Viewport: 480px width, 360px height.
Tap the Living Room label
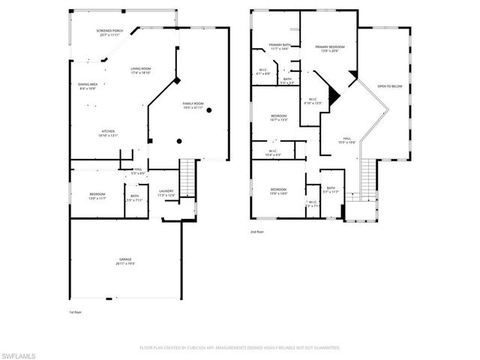pyautogui.click(x=140, y=70)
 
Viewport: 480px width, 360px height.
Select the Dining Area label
pyautogui.click(x=88, y=86)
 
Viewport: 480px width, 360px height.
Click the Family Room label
pyautogui.click(x=193, y=106)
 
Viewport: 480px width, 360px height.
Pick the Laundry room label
pyautogui.click(x=166, y=193)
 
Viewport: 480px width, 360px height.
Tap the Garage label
pyautogui.click(x=124, y=262)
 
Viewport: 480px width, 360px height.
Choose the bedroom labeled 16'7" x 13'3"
pyautogui.click(x=279, y=118)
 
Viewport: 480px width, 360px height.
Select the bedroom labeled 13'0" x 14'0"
pyautogui.click(x=279, y=191)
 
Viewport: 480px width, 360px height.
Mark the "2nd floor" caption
pyautogui.click(x=258, y=232)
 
